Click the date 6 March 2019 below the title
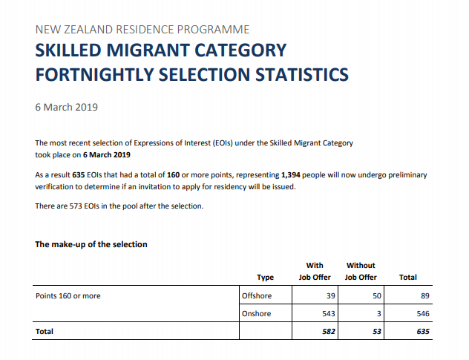coord(67,107)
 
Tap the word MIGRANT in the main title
coord(171,51)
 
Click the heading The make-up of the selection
coord(91,245)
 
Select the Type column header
coord(265,278)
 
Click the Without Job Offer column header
coord(361,271)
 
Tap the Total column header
coord(407,278)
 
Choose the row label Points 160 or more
coord(68,295)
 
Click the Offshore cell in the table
coord(257,295)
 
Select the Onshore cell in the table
coord(257,314)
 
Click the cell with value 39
coord(331,295)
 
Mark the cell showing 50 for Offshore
coord(376,295)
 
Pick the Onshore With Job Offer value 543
coord(328,314)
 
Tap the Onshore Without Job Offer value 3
coord(378,314)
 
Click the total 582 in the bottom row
coord(328,332)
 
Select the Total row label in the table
coord(45,332)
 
